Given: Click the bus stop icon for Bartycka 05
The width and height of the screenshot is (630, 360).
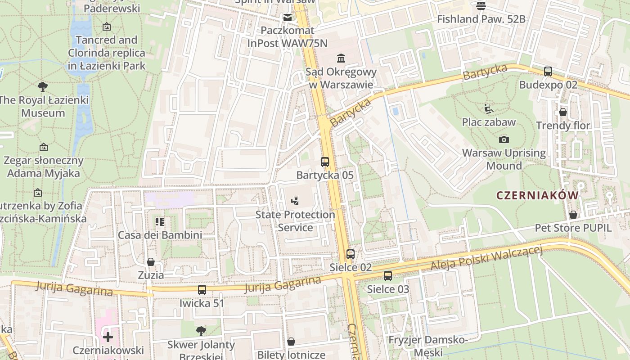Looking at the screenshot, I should tap(324, 162).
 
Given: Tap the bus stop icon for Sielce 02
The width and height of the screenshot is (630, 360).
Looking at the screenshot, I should tap(351, 254).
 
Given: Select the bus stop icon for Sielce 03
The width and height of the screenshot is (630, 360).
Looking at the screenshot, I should tap(388, 276).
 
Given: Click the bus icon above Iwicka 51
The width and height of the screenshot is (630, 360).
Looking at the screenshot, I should tap(202, 290).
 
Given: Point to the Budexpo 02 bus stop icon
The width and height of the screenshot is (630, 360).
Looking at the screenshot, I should tap(548, 72).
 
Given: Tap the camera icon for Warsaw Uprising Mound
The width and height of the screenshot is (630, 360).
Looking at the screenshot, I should tap(504, 139).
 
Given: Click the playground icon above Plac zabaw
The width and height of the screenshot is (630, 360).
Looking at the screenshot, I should tap(489, 109).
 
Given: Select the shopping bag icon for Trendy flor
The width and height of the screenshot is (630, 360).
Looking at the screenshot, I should tap(562, 112).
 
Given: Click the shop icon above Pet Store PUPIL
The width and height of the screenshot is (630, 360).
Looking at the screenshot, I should tap(573, 215).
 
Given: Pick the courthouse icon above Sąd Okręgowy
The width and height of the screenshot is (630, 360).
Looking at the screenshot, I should tap(341, 58).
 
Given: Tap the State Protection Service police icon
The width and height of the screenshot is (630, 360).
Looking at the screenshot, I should tap(295, 201).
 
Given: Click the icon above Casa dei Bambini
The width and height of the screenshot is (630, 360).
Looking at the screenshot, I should tap(159, 221).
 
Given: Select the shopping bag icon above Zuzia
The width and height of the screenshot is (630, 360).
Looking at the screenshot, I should tap(151, 262).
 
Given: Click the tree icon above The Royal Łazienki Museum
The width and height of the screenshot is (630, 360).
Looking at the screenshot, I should tap(43, 87).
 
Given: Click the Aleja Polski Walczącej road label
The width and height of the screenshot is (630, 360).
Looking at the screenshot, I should tap(486, 259).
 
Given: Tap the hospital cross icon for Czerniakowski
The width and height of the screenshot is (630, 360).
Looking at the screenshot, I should tap(108, 337).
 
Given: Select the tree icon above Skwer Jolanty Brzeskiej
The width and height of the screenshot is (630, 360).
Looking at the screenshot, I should tap(201, 332).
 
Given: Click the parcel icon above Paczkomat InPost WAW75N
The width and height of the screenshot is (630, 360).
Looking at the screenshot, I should tap(287, 18).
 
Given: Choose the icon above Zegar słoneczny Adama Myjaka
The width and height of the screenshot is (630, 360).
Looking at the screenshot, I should tap(43, 147).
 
